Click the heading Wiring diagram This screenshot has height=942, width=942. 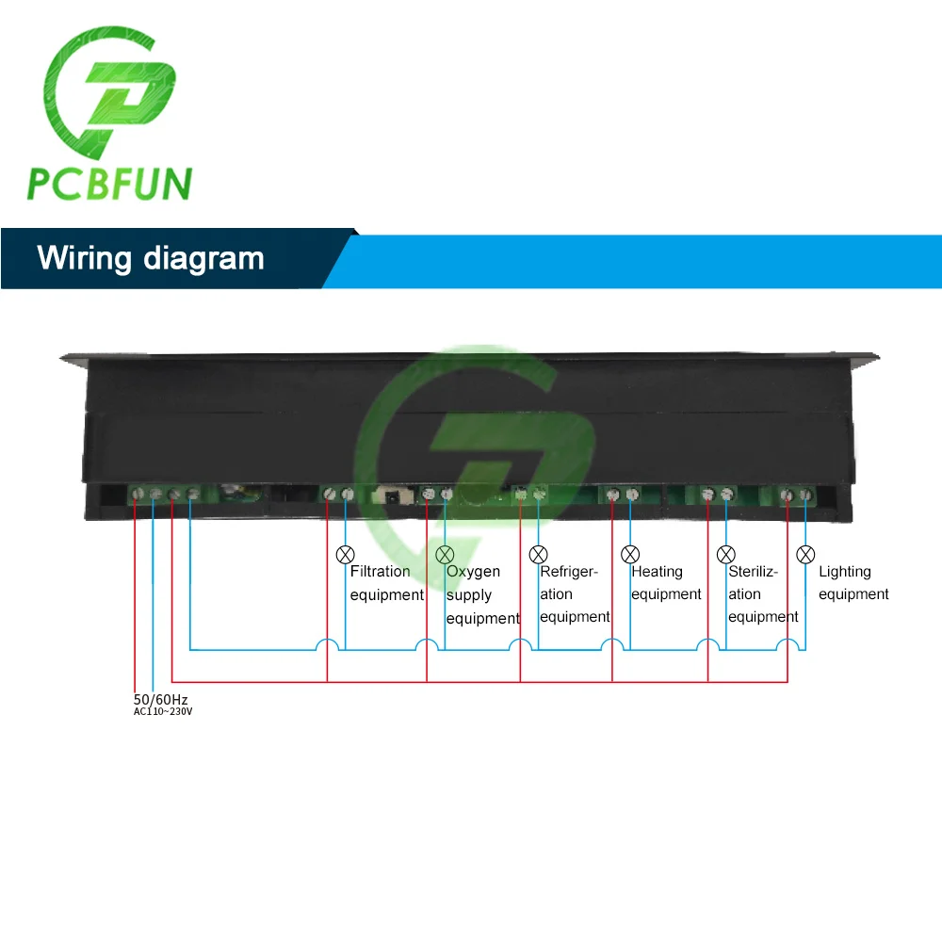(151, 258)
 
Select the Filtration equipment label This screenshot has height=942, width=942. (386, 583)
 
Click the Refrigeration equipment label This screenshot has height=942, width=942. (575, 594)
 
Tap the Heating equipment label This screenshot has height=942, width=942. (666, 583)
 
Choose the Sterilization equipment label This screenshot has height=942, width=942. (763, 594)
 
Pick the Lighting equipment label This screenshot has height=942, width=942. (853, 583)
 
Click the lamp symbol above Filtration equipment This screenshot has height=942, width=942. (346, 554)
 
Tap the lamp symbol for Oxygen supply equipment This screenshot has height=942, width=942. (446, 554)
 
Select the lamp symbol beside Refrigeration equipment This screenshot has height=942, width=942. (539, 554)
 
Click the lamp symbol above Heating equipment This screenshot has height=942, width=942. (630, 554)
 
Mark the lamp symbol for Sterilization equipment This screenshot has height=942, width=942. (725, 554)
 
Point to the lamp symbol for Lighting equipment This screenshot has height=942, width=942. (805, 554)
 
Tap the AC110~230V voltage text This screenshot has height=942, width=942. (162, 712)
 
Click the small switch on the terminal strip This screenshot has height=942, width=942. (389, 494)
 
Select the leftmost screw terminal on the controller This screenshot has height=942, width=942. (137, 493)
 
